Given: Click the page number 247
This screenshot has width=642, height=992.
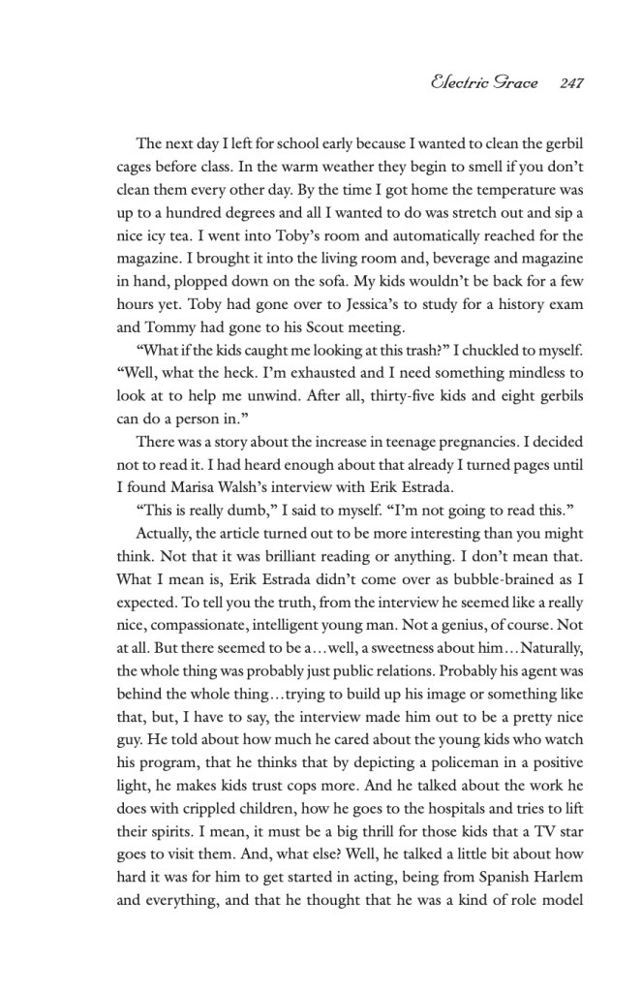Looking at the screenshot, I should click(571, 83).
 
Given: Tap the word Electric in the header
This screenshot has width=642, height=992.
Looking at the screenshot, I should click(464, 83).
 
